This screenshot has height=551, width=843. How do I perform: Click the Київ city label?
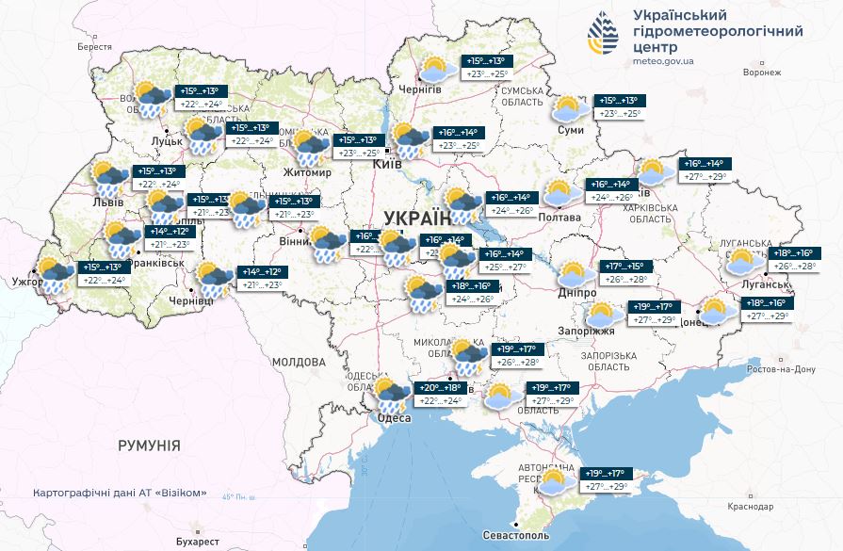pos(388,164)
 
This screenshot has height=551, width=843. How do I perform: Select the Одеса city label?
pos(395,419)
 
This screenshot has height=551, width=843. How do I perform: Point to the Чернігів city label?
pos(420,89)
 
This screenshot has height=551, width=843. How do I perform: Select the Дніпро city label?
pos(576,293)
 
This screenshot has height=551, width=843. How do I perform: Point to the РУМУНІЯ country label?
pos(149,446)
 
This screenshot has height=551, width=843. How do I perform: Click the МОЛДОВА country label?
pos(299,362)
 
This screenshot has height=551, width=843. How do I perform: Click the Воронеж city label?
pos(762,73)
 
